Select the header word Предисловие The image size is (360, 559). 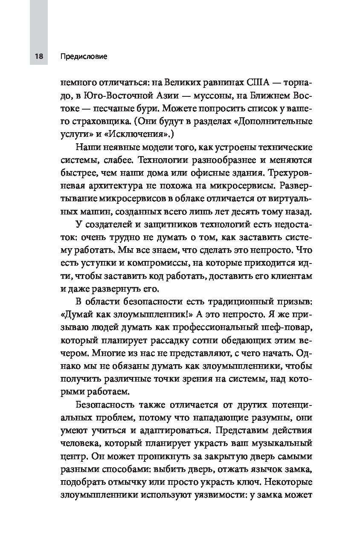pyautogui.click(x=84, y=56)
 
